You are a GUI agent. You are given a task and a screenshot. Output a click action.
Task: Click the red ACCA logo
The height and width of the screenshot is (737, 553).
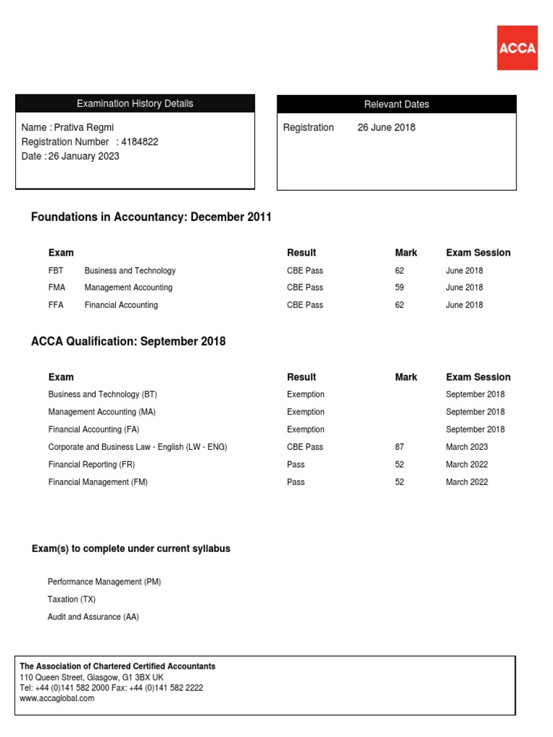517,48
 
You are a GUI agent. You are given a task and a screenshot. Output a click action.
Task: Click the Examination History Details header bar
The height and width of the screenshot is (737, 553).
135,104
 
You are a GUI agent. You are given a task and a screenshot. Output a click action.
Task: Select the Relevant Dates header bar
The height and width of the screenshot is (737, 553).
396,104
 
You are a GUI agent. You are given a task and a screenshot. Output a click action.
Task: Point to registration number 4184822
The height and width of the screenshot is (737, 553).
140,142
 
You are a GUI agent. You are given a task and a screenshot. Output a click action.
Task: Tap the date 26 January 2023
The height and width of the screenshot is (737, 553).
84,156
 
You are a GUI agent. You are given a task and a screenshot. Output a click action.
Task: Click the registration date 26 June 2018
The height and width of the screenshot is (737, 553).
386,127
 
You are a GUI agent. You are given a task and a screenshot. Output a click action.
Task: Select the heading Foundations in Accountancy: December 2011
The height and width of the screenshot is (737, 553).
151,217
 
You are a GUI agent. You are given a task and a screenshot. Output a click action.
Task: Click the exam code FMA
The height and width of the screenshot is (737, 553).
57,288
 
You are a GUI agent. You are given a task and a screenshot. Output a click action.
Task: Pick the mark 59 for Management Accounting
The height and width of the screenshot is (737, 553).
400,288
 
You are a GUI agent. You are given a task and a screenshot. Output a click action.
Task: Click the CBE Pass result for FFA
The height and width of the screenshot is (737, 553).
305,305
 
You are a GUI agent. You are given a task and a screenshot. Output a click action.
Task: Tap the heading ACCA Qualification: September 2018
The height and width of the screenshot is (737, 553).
128,341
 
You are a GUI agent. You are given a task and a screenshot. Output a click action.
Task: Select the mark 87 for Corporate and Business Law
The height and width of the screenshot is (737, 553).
400,447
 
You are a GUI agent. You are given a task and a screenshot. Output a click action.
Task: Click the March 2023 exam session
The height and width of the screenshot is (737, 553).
467,447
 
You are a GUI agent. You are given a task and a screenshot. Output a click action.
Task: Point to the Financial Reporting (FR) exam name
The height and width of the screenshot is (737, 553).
91,465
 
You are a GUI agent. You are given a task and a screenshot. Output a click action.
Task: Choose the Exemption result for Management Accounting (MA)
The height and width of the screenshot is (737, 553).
305,412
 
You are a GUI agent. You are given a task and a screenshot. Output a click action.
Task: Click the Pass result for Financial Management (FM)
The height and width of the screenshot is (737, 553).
295,482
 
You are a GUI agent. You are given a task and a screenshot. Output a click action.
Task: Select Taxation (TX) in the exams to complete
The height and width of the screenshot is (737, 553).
71,600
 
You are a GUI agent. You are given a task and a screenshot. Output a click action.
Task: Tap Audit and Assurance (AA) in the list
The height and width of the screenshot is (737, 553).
93,617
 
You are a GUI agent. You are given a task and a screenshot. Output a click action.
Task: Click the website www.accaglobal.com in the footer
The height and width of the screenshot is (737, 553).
57,698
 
